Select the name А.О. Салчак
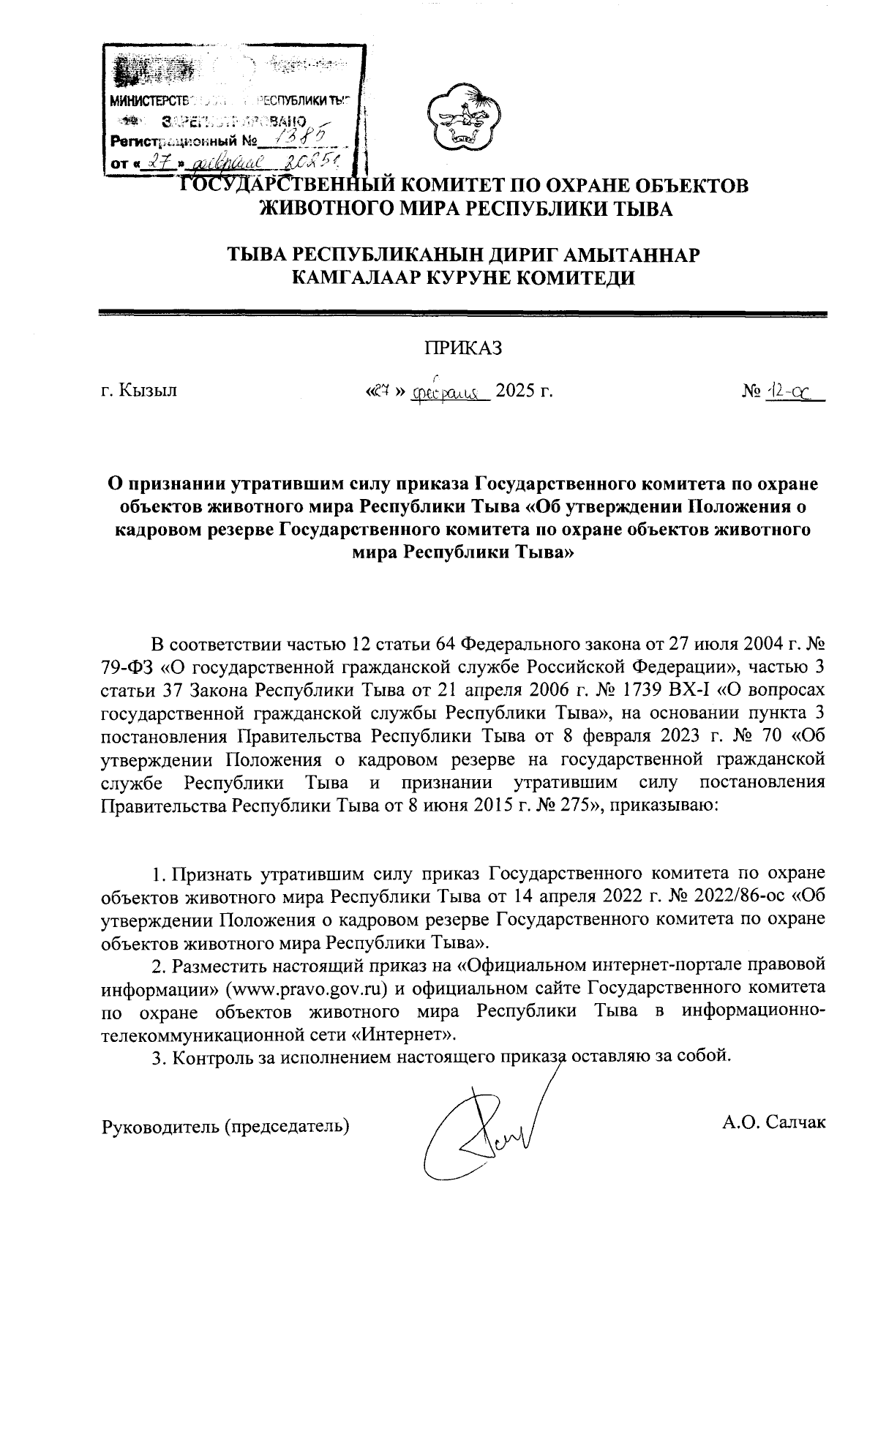[773, 1120]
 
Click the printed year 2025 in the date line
[516, 390]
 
